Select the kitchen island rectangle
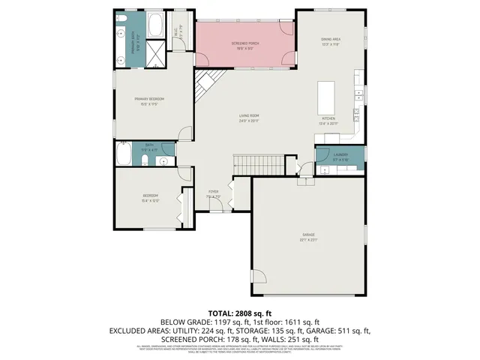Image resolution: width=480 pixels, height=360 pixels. (325, 97)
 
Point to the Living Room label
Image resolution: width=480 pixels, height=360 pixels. (249, 118)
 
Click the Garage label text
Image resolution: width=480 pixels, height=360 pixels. (308, 236)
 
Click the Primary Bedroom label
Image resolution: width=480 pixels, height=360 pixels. (149, 100)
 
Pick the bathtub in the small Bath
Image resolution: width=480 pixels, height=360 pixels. (124, 154)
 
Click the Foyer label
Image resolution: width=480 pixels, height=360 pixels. (214, 193)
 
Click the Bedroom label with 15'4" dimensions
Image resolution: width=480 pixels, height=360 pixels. (151, 198)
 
